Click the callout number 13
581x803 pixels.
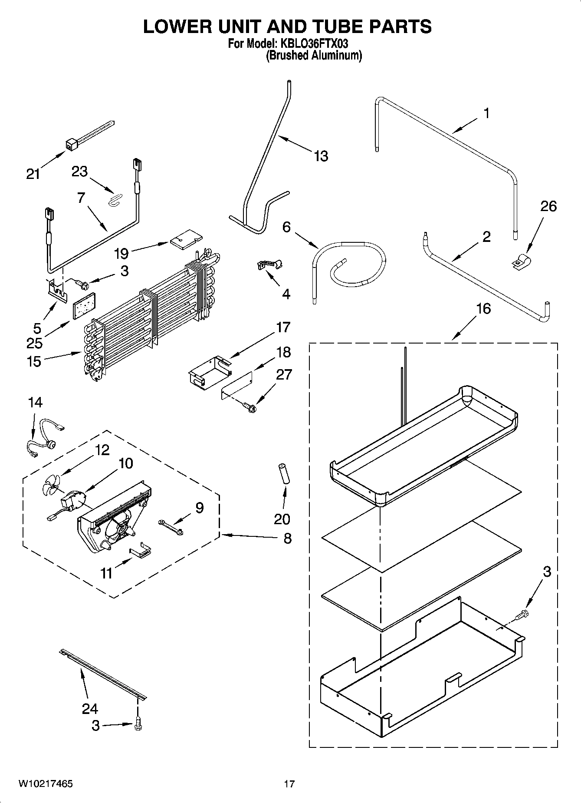pos(321,156)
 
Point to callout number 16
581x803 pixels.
pos(483,309)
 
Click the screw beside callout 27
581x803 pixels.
pos(250,407)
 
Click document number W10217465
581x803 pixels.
pos(45,784)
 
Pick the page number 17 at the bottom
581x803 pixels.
pos(289,784)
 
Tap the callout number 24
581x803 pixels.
pos(90,709)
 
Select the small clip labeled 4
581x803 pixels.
pos(269,264)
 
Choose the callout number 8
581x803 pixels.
pos(287,539)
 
